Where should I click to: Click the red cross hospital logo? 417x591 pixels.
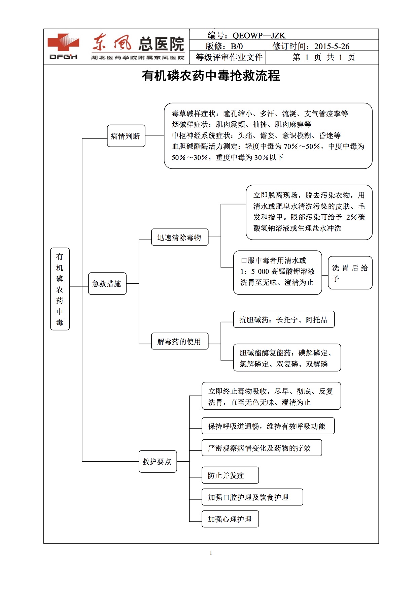coord(63,43)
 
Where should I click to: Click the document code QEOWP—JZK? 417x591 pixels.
coord(258,35)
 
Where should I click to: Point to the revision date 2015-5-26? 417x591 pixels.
coord(332,46)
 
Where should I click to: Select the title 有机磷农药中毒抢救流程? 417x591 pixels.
coord(211,76)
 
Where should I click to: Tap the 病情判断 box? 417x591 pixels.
coord(126,136)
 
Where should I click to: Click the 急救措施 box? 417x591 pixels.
coord(107,284)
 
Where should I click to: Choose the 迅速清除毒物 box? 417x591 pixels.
coord(179,238)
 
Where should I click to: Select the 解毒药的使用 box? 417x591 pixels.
coord(179,342)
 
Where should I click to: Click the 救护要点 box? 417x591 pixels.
coord(158,462)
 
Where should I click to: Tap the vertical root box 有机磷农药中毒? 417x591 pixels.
coord(60,289)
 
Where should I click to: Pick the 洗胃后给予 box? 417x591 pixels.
coord(350,273)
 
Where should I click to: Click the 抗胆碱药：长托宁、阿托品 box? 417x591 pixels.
coord(284,319)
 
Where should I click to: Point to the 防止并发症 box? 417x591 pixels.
coord(230,475)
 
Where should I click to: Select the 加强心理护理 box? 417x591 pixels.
coord(230,519)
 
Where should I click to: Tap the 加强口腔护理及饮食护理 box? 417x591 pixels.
coord(252,497)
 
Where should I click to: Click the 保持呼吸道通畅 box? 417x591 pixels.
coord(268,426)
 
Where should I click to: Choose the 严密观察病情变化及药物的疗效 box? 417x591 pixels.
coord(262,448)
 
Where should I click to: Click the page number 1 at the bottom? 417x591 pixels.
coord(211,553)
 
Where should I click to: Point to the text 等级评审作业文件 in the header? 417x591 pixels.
coord(229,57)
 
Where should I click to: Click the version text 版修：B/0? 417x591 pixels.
coord(224,46)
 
